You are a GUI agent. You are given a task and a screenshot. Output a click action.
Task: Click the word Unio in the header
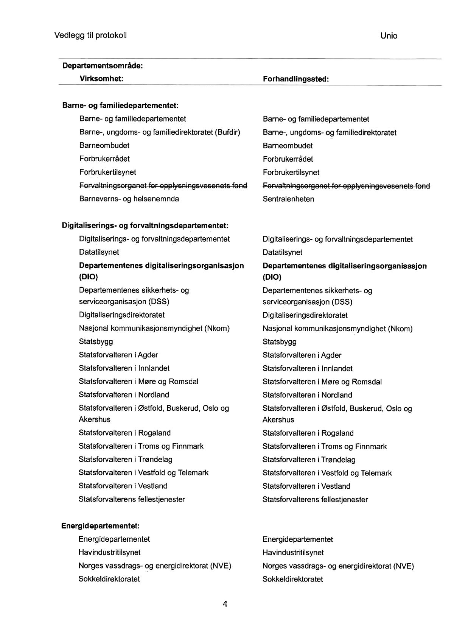pos(389,36)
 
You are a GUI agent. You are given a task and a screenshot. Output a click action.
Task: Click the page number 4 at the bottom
pos(225,604)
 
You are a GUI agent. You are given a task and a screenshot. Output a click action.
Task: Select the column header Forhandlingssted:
pos(296,79)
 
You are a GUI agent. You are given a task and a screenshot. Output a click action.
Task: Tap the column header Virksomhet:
pos(101,79)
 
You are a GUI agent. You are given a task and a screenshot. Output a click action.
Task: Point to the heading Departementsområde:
pos(103,66)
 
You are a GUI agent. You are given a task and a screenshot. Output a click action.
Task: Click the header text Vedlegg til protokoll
pos(90,35)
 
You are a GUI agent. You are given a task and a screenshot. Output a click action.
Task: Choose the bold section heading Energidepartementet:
pos(100,526)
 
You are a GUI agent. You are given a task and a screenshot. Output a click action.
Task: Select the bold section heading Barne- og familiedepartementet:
pos(120,105)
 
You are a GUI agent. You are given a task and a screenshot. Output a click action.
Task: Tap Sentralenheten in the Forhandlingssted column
pos(288,199)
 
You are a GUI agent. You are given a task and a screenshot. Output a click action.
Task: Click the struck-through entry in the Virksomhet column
pos(163,185)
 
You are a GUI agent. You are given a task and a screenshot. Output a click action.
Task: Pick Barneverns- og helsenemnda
pos(129,199)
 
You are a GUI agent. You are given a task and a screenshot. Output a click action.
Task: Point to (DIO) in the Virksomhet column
pos(88,277)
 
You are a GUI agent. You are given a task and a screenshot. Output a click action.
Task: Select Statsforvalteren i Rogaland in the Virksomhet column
pos(124,433)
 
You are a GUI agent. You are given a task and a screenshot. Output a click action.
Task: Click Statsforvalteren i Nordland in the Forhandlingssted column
pos(307,395)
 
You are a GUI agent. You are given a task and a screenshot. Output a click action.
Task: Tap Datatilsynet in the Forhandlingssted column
pos(282,252)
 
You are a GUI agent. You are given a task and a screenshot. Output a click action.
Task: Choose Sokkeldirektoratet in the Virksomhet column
pos(109,579)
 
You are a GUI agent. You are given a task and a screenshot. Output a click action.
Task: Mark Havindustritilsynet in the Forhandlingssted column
pos(293,553)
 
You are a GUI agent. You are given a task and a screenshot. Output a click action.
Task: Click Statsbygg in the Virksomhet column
pos(96,341)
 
